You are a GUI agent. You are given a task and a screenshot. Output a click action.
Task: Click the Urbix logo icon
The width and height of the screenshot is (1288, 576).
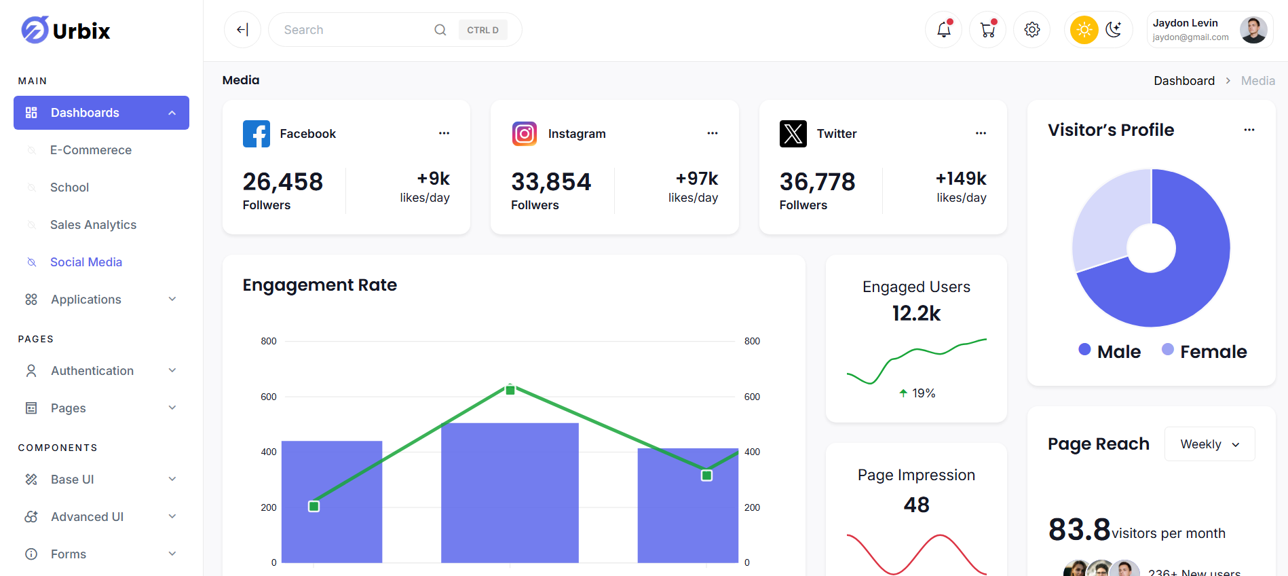tap(35, 30)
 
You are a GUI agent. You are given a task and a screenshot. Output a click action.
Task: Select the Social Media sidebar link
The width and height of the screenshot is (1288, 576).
tap(86, 262)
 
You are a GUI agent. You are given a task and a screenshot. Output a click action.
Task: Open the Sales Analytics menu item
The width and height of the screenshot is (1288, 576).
tap(93, 225)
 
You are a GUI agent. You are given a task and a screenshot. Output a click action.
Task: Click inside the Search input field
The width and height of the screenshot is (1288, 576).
tap(353, 30)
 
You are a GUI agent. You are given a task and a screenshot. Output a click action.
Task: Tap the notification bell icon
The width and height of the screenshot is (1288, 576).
tap(943, 30)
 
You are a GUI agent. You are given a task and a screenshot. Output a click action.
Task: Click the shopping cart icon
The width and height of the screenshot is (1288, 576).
tap(987, 30)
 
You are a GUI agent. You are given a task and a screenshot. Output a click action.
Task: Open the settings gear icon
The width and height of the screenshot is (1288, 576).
tap(1031, 30)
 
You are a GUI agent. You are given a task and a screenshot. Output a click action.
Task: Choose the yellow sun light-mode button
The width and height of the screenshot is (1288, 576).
tap(1084, 30)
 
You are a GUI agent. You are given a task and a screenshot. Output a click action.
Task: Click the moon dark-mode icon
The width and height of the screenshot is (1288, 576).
tap(1114, 30)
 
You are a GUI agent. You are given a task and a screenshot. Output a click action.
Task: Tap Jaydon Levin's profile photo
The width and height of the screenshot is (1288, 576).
tap(1253, 30)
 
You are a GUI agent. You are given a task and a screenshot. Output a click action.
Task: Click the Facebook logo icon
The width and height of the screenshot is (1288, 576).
tap(257, 134)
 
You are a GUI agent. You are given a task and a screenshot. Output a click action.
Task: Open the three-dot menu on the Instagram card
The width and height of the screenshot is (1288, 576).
tap(712, 133)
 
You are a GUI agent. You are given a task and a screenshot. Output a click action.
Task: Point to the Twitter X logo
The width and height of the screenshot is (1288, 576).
tap(793, 134)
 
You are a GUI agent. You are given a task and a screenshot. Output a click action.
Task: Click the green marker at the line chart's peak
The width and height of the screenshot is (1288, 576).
tap(510, 390)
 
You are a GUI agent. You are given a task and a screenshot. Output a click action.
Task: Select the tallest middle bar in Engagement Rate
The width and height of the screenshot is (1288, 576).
tap(510, 492)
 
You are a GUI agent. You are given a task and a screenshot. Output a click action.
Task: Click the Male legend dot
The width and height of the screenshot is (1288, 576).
tap(1084, 349)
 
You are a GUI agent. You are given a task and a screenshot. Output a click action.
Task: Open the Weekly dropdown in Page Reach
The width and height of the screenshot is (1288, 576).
tap(1209, 444)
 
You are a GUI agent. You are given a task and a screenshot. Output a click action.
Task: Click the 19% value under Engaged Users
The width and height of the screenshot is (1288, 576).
tap(923, 393)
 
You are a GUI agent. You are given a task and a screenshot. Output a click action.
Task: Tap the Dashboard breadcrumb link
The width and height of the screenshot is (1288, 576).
tap(1184, 81)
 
